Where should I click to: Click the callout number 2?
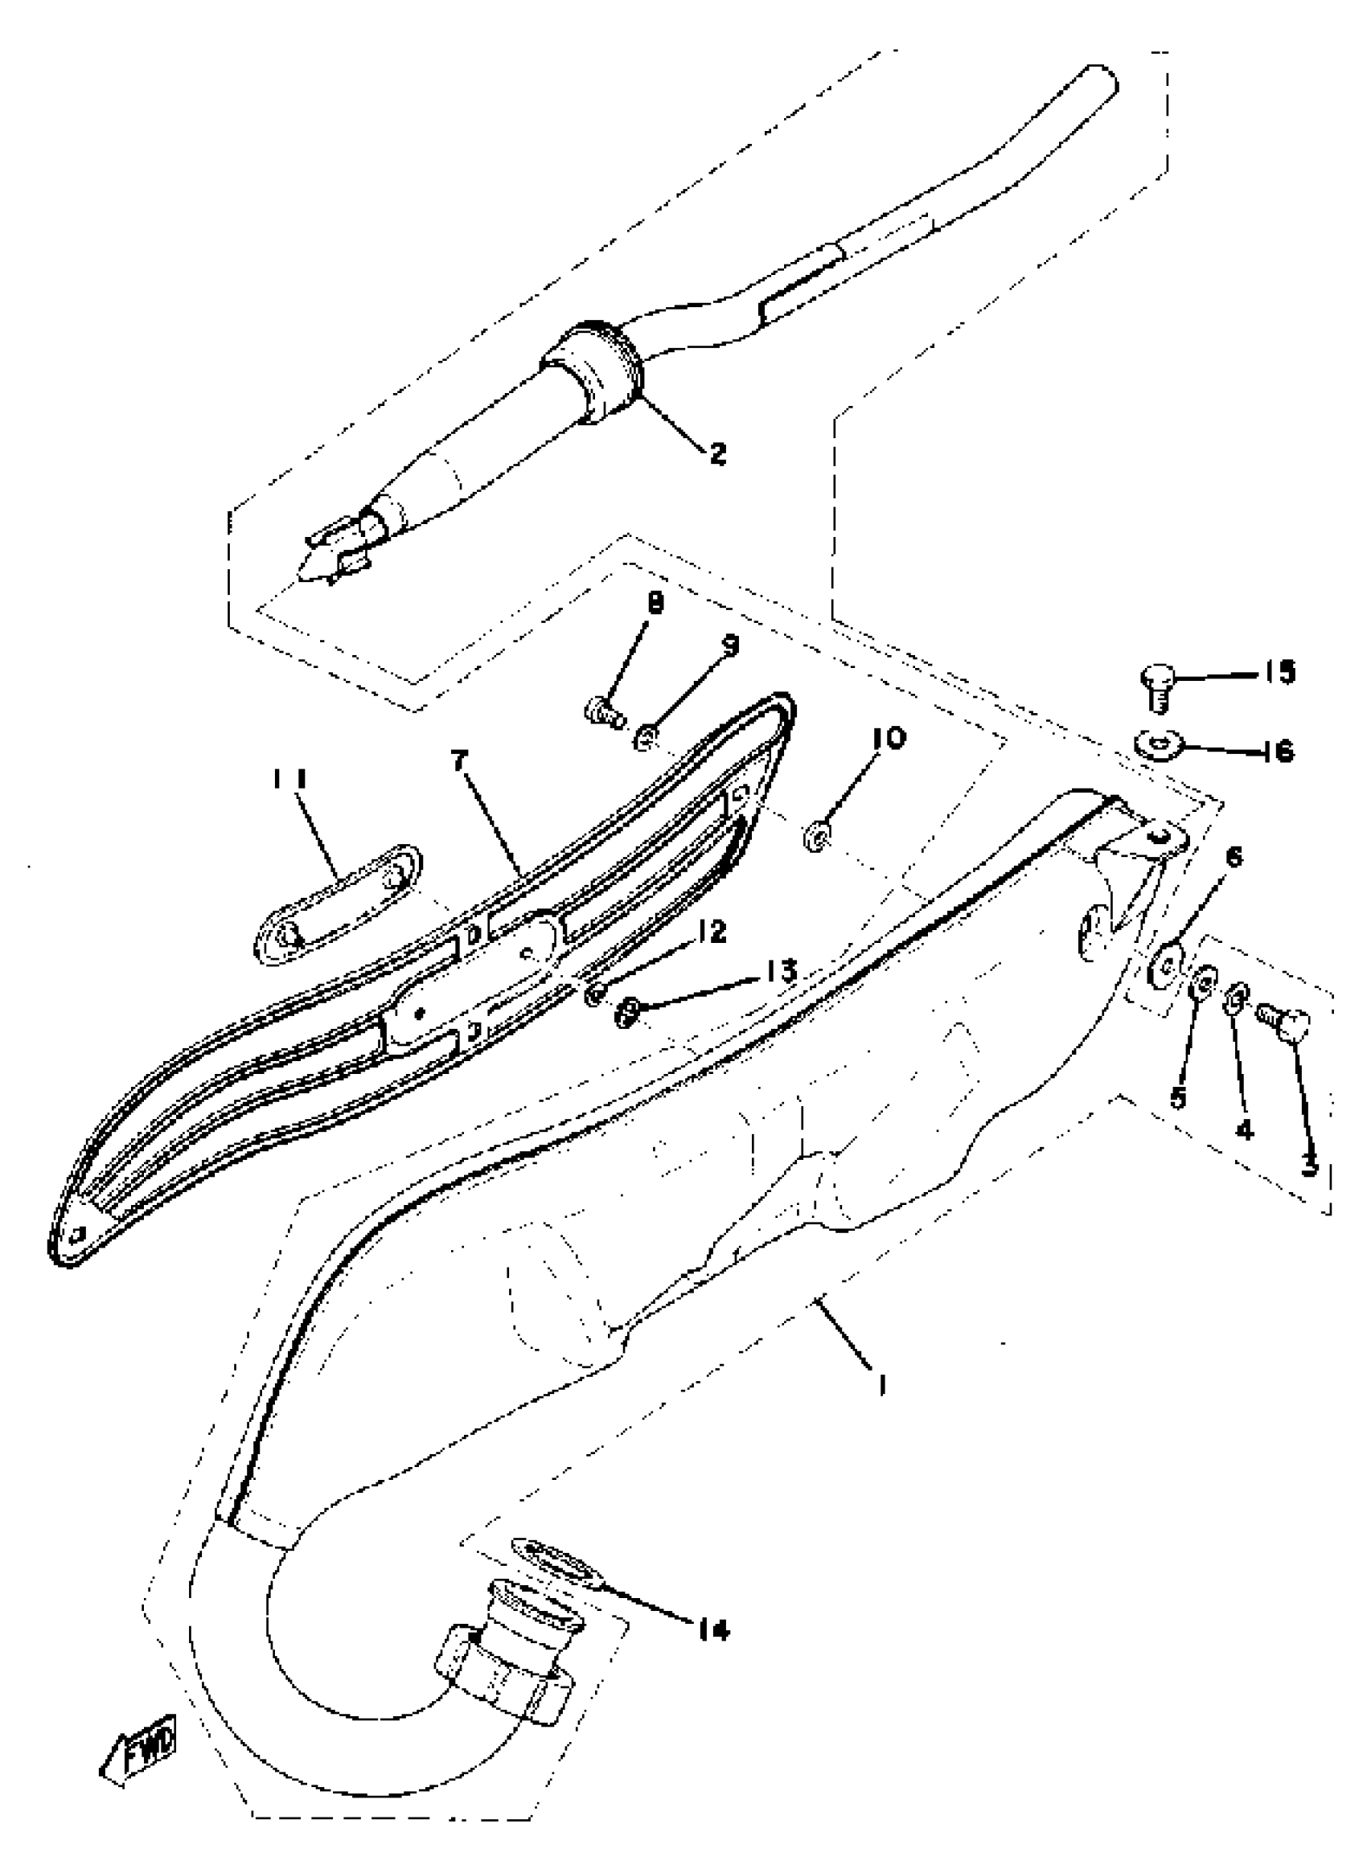716,453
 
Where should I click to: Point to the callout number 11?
290,778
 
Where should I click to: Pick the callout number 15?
1279,673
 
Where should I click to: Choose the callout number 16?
1279,751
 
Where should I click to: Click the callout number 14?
712,1630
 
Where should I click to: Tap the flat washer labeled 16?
1157,747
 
